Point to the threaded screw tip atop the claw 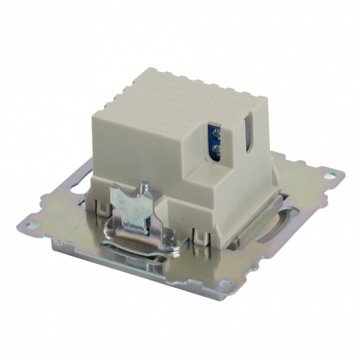pyautogui.click(x=145, y=186)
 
